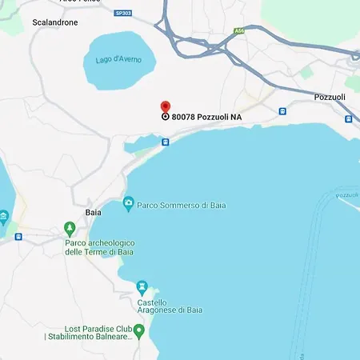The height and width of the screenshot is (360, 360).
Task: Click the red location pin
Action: tap(166, 106)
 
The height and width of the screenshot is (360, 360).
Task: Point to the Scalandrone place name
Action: tap(54, 22)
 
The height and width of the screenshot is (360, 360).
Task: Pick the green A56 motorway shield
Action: tap(238, 31)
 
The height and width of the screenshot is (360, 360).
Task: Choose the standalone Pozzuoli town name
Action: tap(329, 97)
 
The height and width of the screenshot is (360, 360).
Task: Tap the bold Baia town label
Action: tap(93, 212)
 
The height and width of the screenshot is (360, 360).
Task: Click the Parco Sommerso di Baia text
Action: tap(182, 205)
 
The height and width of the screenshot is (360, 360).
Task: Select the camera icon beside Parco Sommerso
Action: tap(128, 204)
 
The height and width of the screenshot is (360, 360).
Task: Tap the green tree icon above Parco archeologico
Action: tap(70, 229)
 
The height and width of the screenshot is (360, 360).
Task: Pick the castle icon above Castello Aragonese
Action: tap(142, 286)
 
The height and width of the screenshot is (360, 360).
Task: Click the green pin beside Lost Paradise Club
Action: tap(139, 330)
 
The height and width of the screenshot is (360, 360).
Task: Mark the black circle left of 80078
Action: tap(166, 117)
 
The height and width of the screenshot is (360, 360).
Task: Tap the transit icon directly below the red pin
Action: tap(166, 142)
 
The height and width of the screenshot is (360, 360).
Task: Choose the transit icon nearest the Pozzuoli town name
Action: tap(348, 118)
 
